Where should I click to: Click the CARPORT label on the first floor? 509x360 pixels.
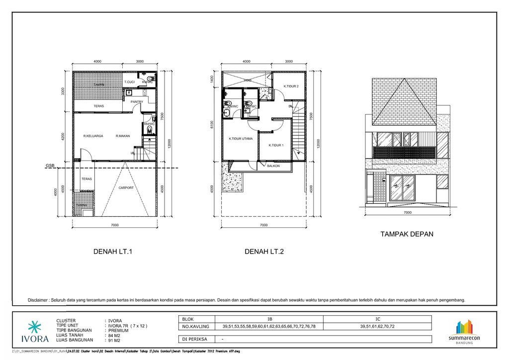pos(126,187)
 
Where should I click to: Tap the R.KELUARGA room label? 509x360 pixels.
pos(93,136)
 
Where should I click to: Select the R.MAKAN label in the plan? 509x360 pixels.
pos(123,136)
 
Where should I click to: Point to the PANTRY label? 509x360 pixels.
pos(137,102)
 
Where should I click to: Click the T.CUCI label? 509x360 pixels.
pos(130,82)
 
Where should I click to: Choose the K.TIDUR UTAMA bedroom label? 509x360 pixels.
pos(241,139)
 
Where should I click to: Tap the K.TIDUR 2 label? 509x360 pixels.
pos(291,86)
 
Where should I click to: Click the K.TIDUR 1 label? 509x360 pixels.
pos(276,145)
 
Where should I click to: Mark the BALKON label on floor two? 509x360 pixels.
pos(273,166)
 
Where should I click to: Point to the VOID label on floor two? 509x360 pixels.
pos(247,80)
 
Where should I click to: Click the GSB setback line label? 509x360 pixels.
pos(50,165)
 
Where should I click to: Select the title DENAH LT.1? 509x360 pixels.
pos(113,252)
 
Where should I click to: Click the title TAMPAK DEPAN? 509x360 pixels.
pos(407,234)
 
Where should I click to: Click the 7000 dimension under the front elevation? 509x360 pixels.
pos(408,212)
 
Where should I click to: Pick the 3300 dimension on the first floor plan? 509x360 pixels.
pos(63,92)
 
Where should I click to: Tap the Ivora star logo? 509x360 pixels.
pos(35,328)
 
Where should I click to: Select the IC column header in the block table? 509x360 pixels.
pos(378,319)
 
